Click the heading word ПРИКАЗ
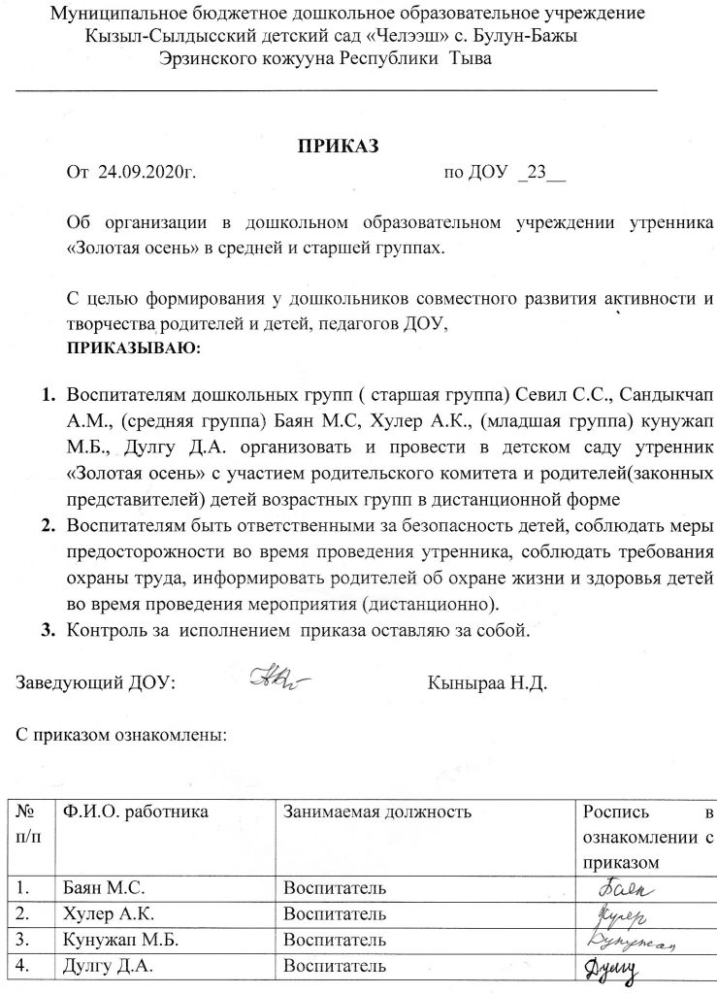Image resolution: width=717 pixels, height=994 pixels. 337,147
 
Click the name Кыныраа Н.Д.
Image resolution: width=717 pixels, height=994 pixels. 488,682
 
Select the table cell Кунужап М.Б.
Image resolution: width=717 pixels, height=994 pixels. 116,940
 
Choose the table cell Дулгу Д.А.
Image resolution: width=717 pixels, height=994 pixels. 106,966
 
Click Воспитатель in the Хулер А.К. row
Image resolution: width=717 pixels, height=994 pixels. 335,913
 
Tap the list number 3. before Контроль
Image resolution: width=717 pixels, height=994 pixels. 46,629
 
